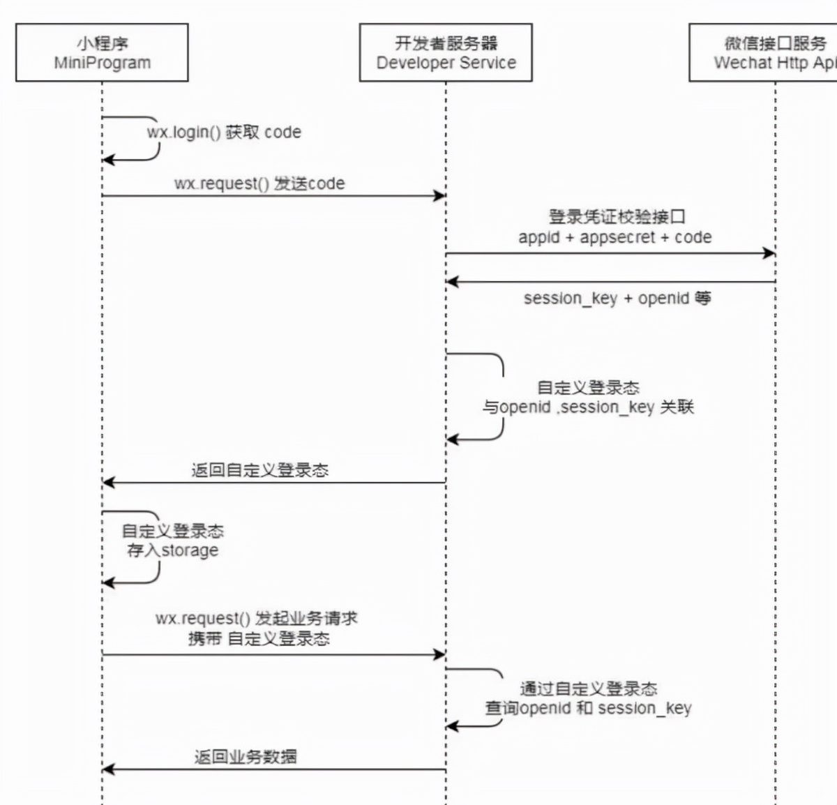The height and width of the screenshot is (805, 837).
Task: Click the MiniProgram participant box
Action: pyautogui.click(x=102, y=52)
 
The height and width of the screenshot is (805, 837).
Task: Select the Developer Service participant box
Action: pyautogui.click(x=446, y=52)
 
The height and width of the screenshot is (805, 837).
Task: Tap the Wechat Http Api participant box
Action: pyautogui.click(x=764, y=52)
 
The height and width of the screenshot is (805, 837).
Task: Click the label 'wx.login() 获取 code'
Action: pyautogui.click(x=224, y=133)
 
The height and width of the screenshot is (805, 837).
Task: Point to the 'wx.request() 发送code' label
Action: pyautogui.click(x=259, y=183)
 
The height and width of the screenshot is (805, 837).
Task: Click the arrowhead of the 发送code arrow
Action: pyautogui.click(x=440, y=196)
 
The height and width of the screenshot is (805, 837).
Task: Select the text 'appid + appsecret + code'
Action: pyautogui.click(x=614, y=237)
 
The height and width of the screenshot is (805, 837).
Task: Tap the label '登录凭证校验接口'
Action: pyautogui.click(x=617, y=217)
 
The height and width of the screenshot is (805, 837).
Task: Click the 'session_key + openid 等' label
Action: pyautogui.click(x=617, y=299)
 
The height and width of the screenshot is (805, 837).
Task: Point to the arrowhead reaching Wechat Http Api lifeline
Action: pyautogui.click(x=769, y=253)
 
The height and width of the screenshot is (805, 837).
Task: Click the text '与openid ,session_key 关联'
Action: pyautogui.click(x=588, y=407)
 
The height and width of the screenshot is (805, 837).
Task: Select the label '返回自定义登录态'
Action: pyautogui.click(x=259, y=470)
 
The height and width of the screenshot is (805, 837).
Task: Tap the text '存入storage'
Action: pyautogui.click(x=172, y=550)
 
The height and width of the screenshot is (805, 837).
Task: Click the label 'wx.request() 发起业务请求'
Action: pyautogui.click(x=256, y=618)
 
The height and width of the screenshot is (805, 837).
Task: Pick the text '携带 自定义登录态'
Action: pyautogui.click(x=259, y=638)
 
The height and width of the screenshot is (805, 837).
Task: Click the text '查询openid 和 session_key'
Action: pyautogui.click(x=588, y=708)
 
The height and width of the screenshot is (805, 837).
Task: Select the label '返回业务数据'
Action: pyautogui.click(x=246, y=757)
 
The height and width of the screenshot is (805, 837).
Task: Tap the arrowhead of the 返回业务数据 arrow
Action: pyautogui.click(x=108, y=769)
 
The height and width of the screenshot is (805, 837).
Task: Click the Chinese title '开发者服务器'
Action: pyautogui.click(x=446, y=43)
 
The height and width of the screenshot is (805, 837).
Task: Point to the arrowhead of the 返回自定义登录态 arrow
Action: pyautogui.click(x=108, y=482)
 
